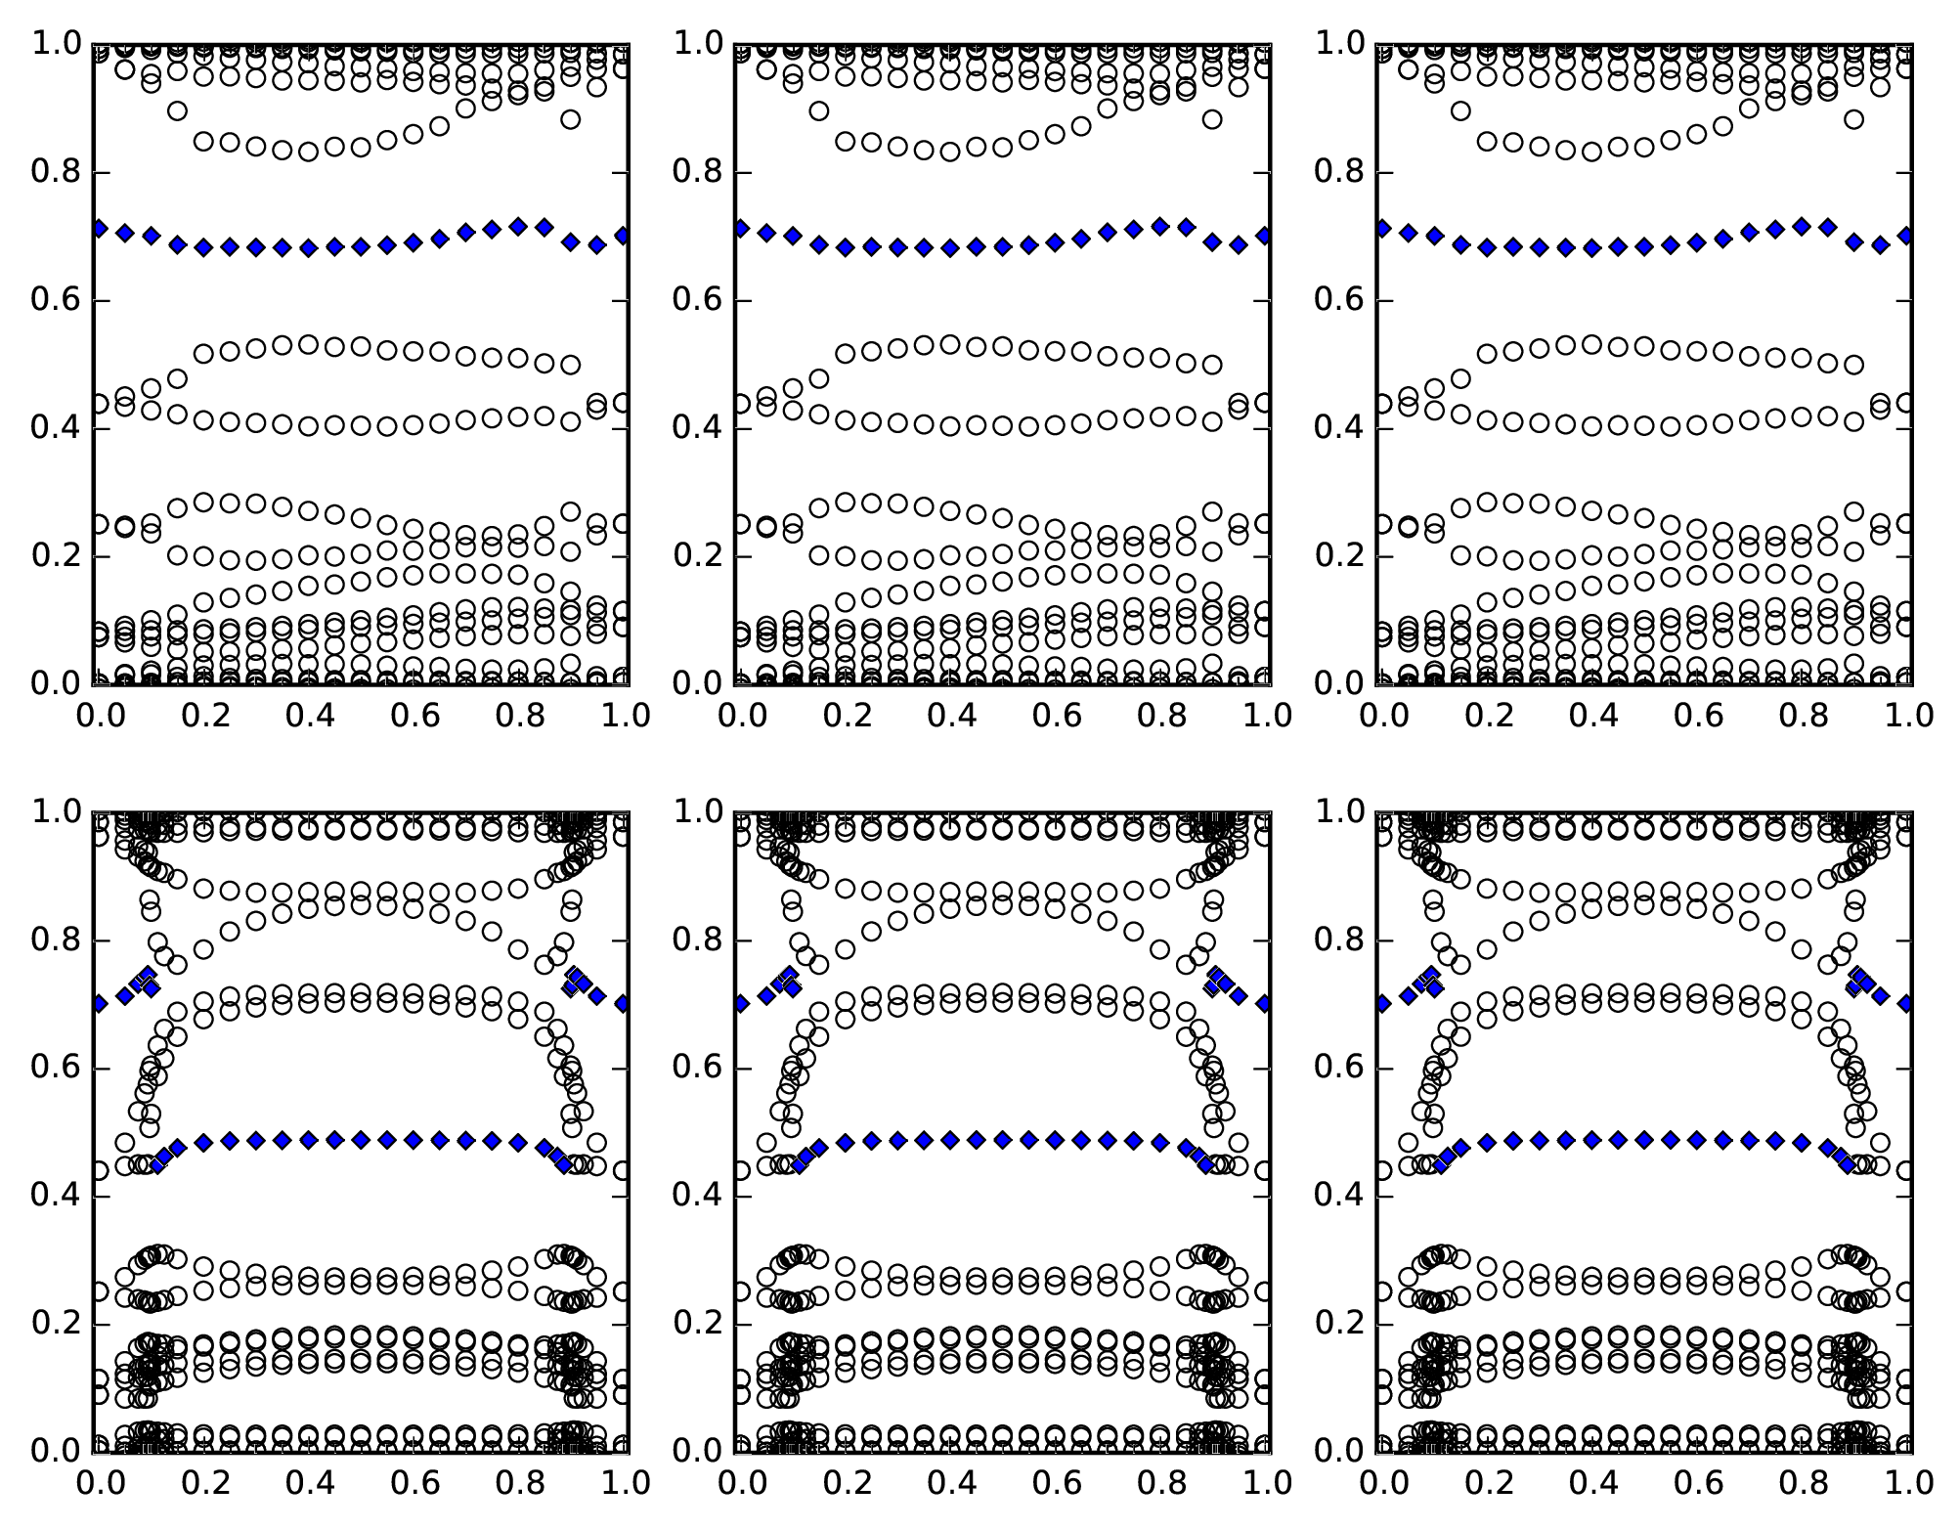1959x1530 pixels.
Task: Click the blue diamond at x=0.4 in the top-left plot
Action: pos(309,248)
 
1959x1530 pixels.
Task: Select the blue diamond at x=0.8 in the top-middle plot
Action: pos(1160,227)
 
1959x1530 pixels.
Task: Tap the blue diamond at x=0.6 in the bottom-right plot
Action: pos(1698,1140)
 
